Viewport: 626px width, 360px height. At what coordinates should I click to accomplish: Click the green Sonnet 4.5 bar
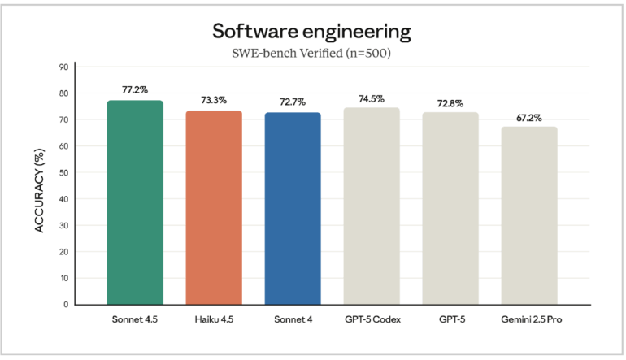pos(135,203)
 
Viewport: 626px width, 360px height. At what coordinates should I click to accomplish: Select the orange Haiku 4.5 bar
pos(214,208)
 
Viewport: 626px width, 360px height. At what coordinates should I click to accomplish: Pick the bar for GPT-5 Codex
pos(372,206)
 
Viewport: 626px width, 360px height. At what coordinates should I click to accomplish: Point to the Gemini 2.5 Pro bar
pos(529,215)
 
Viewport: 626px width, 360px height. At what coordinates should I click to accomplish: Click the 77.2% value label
pos(135,90)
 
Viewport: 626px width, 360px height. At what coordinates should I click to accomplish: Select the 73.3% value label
pos(214,101)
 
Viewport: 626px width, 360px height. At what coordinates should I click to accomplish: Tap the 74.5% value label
pos(372,98)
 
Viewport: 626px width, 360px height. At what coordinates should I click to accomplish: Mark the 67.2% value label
pos(529,117)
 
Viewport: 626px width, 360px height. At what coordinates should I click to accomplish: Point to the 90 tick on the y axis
pos(63,67)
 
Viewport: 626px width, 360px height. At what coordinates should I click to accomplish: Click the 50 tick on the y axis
pos(63,172)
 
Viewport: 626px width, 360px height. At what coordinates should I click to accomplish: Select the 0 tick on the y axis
pos(66,305)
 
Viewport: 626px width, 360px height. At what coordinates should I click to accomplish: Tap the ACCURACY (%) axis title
pos(39,185)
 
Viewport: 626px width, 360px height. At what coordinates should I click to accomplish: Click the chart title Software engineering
pos(312,32)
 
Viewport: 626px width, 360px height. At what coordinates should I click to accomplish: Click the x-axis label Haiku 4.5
pos(214,319)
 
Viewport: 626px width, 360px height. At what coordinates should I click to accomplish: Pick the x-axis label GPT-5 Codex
pos(372,319)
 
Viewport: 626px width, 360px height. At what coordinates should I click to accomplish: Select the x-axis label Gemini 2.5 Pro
pos(529,319)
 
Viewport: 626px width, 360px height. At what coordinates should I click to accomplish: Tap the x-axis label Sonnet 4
pos(293,319)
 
